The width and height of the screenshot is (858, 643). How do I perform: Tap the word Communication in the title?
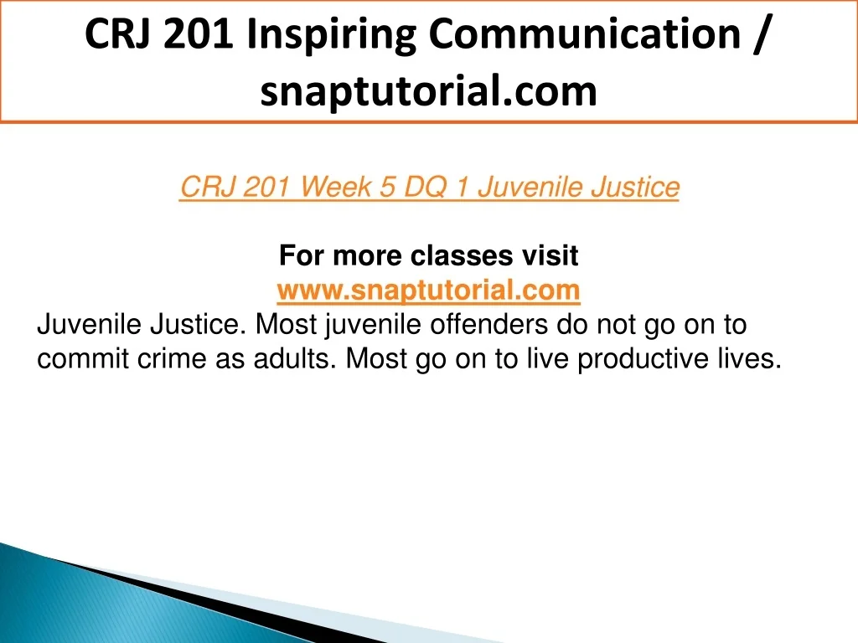point(584,33)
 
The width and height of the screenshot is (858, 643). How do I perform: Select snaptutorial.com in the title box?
point(428,90)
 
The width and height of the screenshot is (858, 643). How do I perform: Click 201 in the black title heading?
point(198,33)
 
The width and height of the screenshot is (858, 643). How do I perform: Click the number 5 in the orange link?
point(387,187)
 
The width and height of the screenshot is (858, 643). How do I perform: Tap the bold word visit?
point(550,255)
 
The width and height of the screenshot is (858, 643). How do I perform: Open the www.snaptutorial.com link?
point(428,290)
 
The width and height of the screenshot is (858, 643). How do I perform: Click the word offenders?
point(488,324)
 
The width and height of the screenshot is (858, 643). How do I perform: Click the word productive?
point(643,358)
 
